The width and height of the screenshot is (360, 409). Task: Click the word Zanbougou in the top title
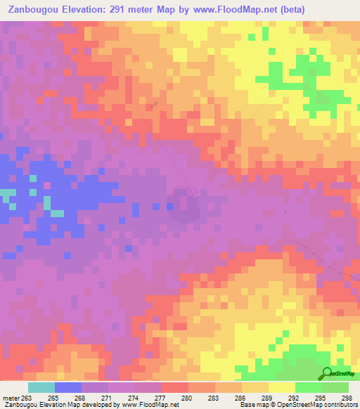tap(33, 10)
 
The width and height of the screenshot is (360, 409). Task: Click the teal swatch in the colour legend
tap(41, 387)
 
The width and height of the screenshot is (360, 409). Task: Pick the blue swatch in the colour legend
tap(67, 387)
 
